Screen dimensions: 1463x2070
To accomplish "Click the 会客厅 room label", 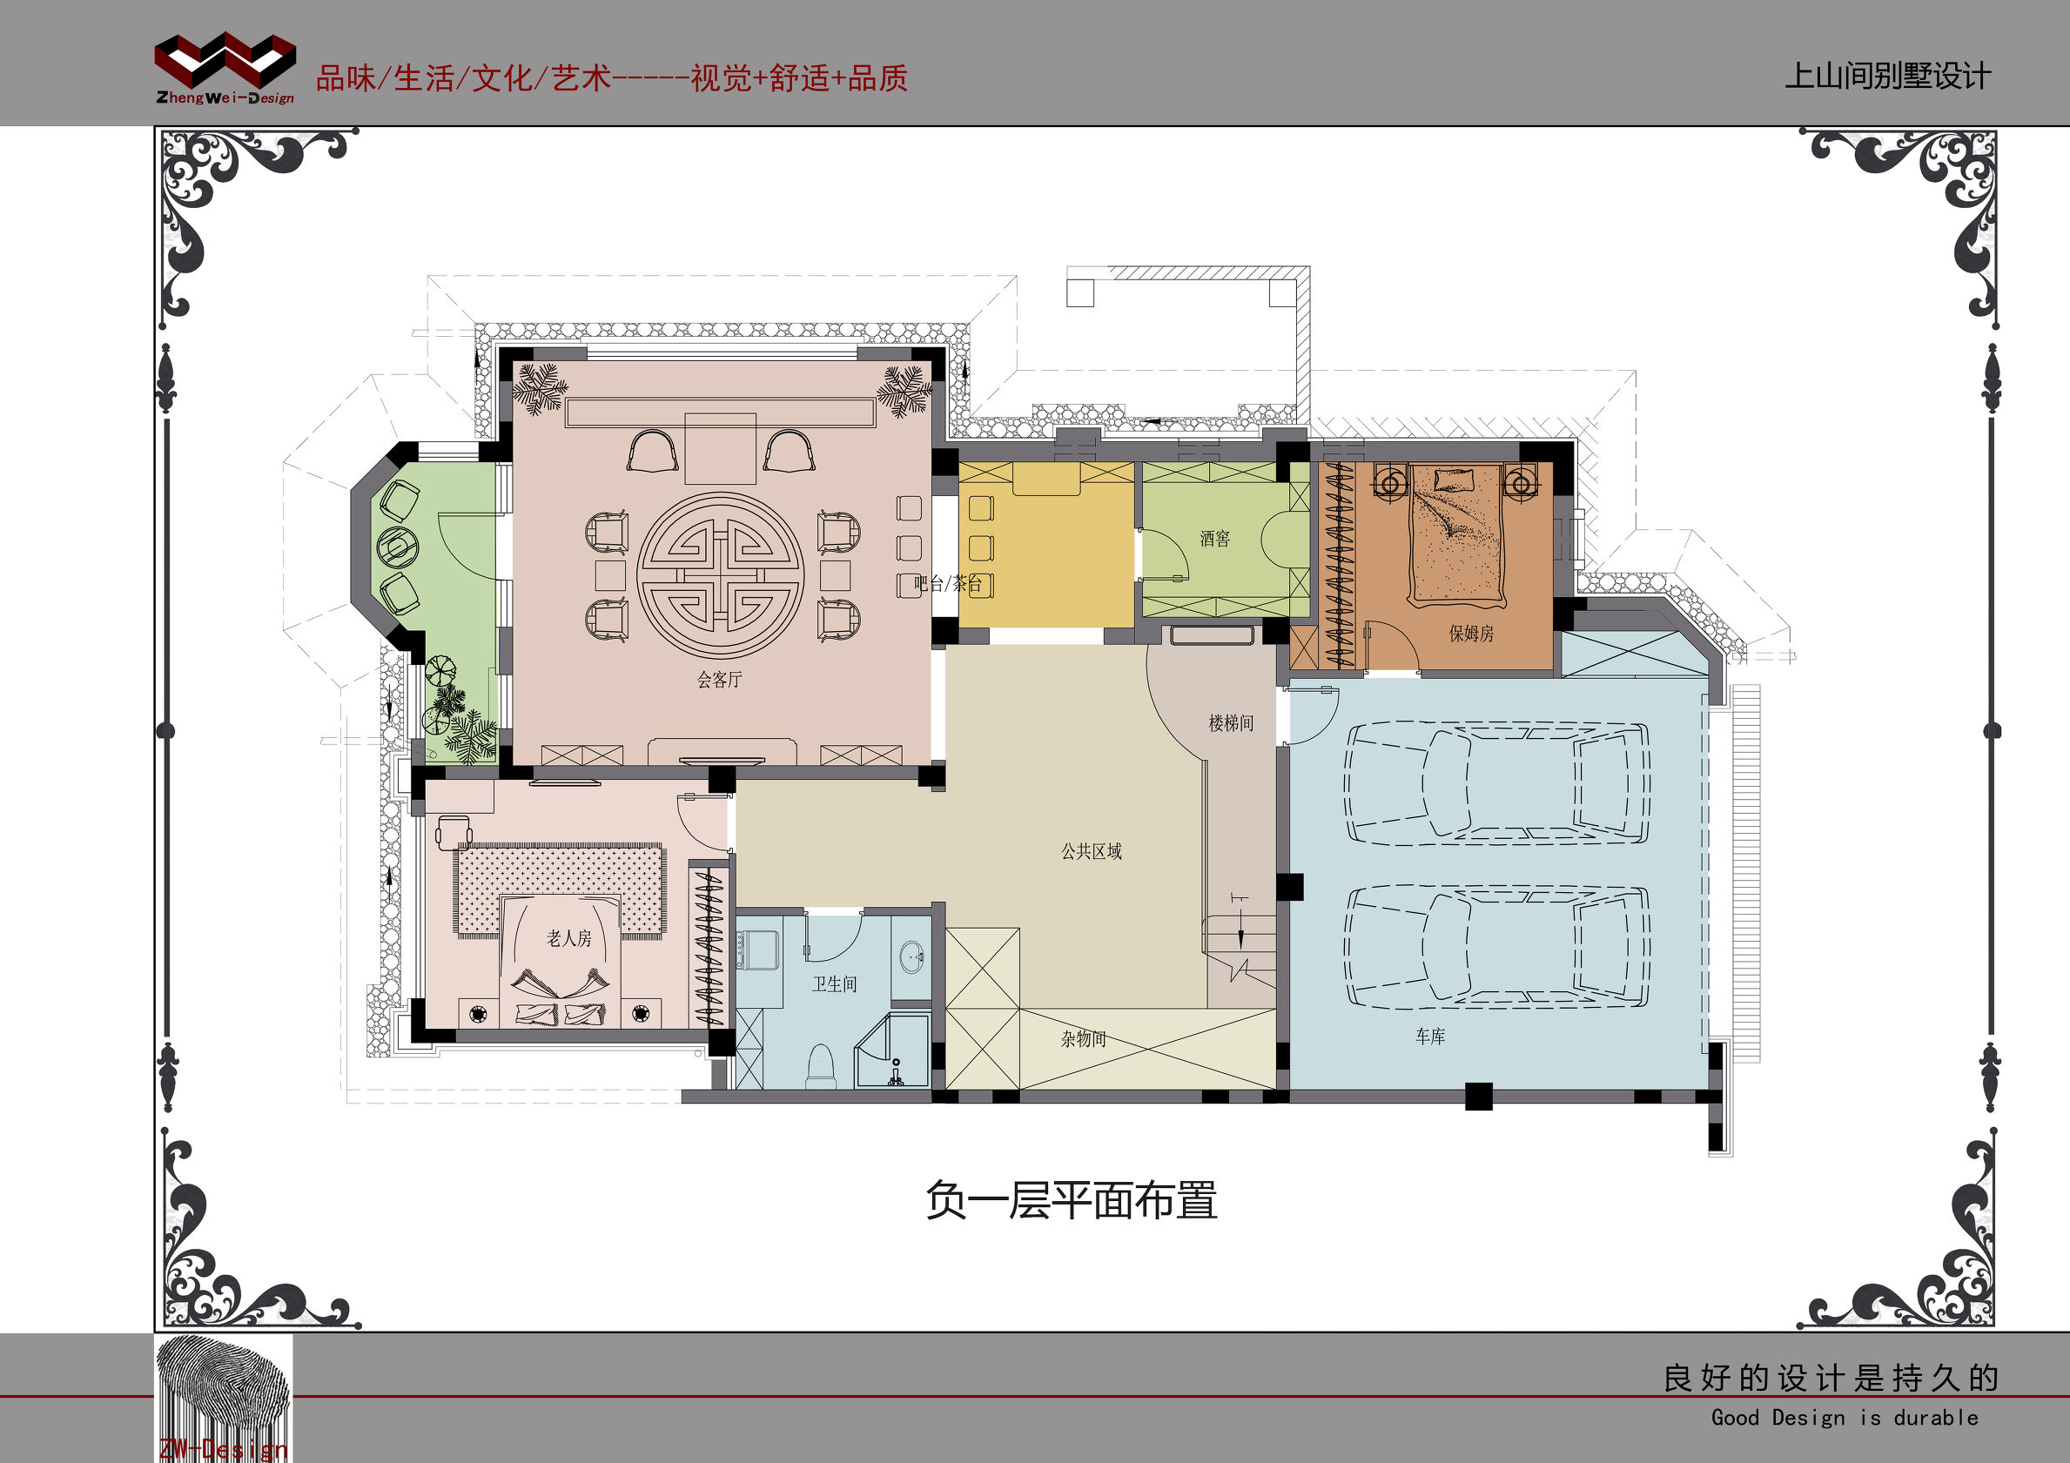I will pos(719,680).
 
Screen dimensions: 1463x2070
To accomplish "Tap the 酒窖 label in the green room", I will pos(1214,539).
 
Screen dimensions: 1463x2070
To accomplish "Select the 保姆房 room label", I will pos(1470,634).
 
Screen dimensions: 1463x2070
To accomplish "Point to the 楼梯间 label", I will pos(1231,723).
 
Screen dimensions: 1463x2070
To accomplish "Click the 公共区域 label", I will pos(1091,851).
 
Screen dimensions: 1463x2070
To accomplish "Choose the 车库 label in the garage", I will pos(1430,1037).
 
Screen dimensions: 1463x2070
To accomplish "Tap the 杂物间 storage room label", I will pos(1083,1039).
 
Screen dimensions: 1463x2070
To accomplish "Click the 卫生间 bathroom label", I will pos(834,984).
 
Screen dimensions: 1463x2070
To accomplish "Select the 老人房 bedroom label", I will pos(569,938).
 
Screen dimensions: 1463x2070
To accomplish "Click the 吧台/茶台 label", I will pos(948,583).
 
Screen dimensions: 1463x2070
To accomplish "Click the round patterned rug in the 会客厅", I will pos(719,575).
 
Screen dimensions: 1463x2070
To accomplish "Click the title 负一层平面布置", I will pos(1071,1201).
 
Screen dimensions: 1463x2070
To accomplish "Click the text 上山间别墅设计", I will pos(1887,76).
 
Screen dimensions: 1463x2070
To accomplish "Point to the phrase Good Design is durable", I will pos(1844,1418).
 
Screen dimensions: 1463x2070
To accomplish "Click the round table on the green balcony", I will pos(397,546).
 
